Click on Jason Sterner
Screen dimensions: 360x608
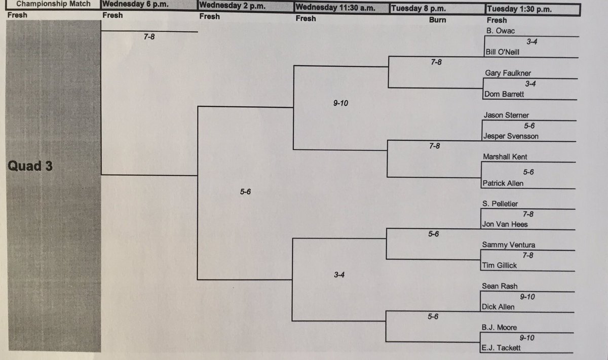coord(507,115)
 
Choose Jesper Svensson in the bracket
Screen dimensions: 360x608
coord(511,136)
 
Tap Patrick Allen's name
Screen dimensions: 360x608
coord(503,183)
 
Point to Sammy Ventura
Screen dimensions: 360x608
coord(508,245)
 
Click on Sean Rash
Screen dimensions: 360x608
coord(499,286)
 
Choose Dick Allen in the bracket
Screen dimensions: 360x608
coord(498,306)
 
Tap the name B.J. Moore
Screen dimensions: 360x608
coord(499,328)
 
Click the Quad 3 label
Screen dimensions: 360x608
coord(30,166)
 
